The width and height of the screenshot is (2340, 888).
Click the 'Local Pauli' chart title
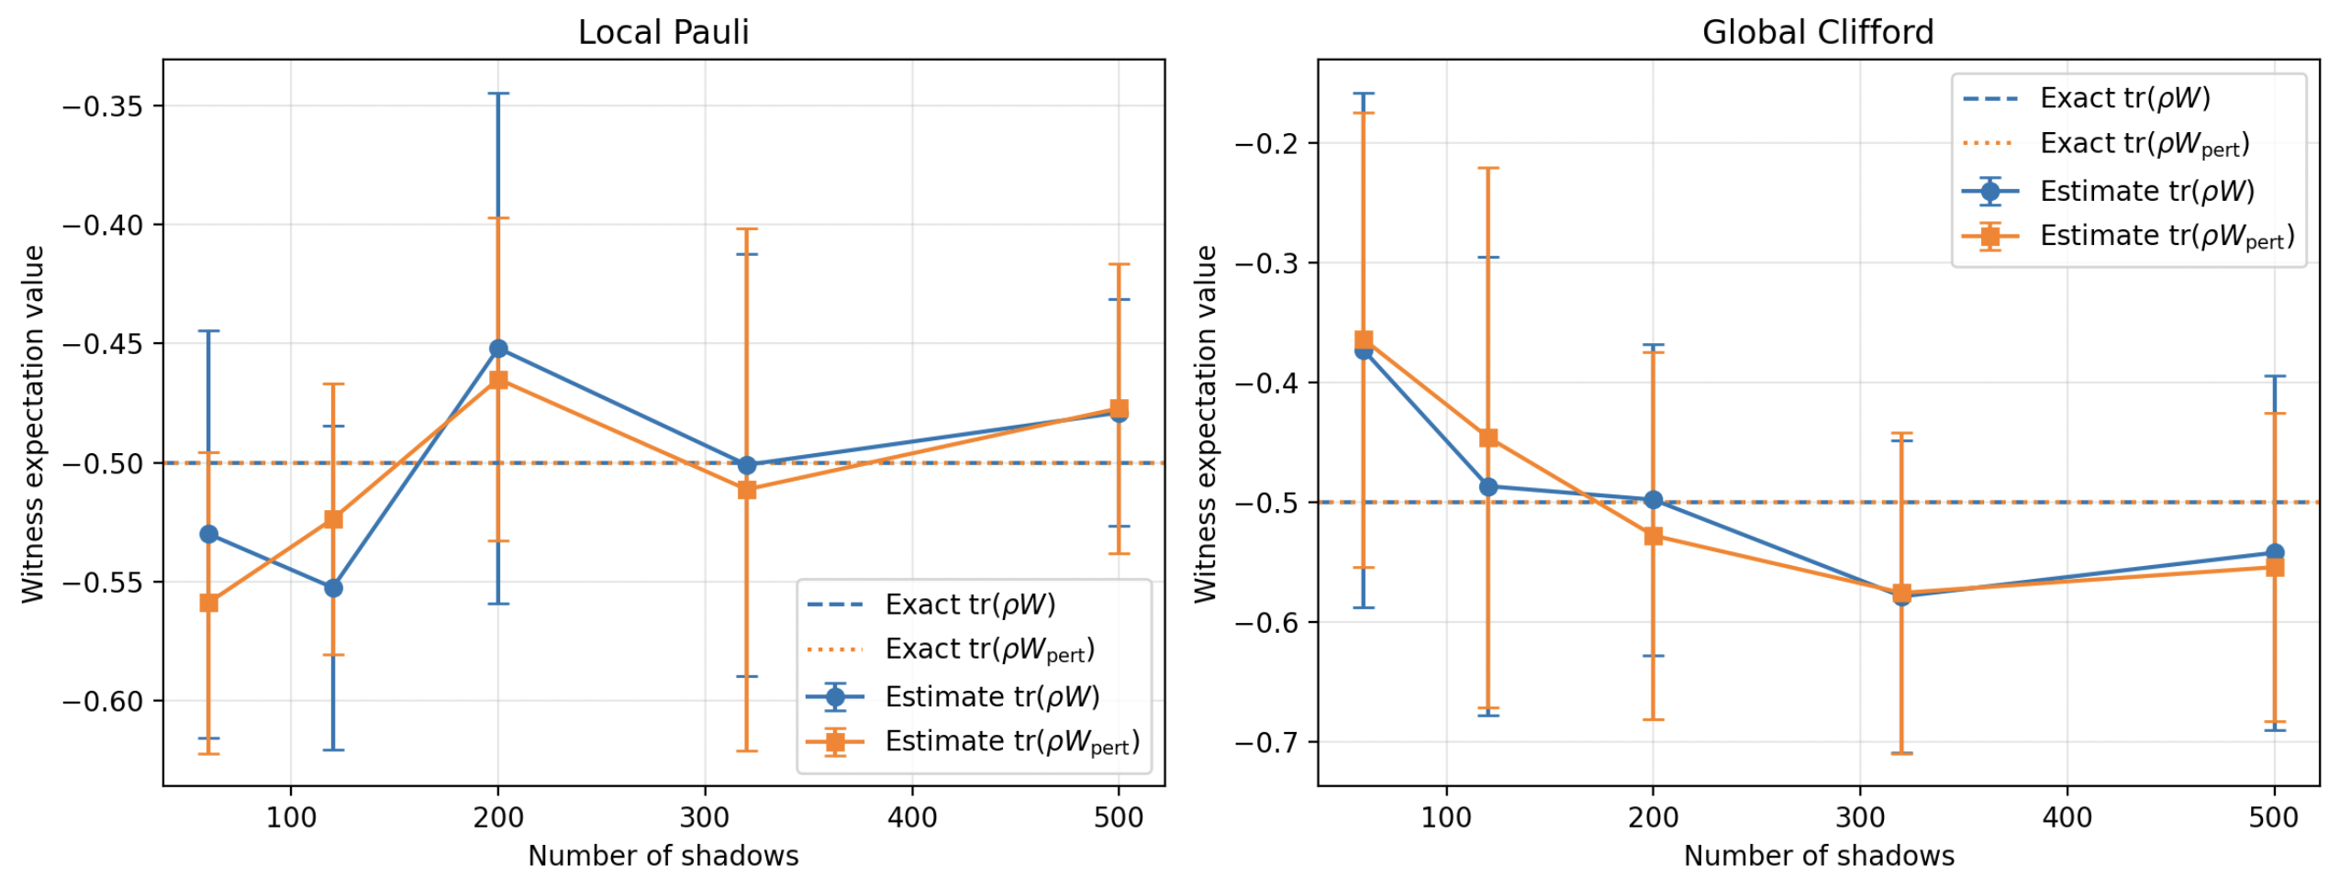pyautogui.click(x=663, y=32)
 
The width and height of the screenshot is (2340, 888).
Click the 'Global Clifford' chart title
pyautogui.click(x=1817, y=32)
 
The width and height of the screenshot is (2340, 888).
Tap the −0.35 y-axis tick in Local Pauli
pyautogui.click(x=103, y=106)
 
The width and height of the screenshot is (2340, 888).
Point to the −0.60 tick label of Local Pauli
pyautogui.click(x=103, y=701)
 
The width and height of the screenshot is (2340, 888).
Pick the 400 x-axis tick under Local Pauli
pyautogui.click(x=911, y=816)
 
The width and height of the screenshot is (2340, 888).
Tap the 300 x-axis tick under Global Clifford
pyautogui.click(x=1859, y=816)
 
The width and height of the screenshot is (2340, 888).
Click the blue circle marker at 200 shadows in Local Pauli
pyautogui.click(x=498, y=349)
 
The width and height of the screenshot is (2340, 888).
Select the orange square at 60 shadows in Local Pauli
pyautogui.click(x=208, y=603)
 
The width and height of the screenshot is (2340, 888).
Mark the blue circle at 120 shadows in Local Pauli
pyautogui.click(x=333, y=588)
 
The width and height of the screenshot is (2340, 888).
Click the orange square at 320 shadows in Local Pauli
pyautogui.click(x=747, y=490)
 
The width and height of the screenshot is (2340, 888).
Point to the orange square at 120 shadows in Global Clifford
pyautogui.click(x=1488, y=438)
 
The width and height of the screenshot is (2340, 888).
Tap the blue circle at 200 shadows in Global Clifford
pyautogui.click(x=1653, y=500)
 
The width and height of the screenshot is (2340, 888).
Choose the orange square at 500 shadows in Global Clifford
pyautogui.click(x=2274, y=567)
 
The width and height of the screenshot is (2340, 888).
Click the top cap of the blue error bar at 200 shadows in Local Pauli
pyautogui.click(x=498, y=94)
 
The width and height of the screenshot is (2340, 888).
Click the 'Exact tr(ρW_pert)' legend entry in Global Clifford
pyautogui.click(x=2105, y=144)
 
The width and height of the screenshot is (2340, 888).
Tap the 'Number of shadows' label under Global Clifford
pyautogui.click(x=1818, y=856)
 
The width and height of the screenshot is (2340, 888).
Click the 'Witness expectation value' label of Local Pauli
pyautogui.click(x=33, y=424)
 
